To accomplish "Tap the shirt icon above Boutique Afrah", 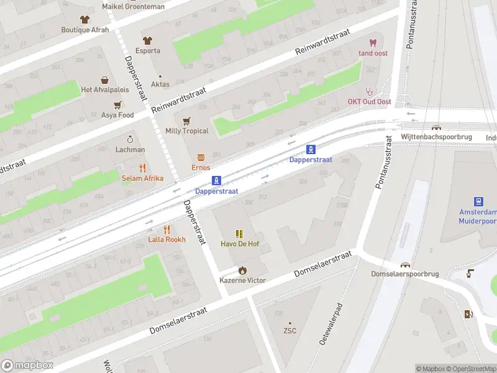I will [x=85, y=19].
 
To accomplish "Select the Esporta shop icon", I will [x=148, y=40].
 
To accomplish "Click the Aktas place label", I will [x=160, y=84].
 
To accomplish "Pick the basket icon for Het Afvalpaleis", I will [x=104, y=80].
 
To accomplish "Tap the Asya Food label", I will [x=117, y=115].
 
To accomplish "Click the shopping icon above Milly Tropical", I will [x=186, y=121].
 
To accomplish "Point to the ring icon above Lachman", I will [x=130, y=139].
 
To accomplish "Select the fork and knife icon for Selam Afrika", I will [x=142, y=168].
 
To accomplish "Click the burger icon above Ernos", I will [x=201, y=157].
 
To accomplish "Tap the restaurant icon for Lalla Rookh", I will [x=166, y=229].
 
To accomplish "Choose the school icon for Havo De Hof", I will [x=239, y=233].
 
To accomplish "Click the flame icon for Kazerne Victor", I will [x=242, y=270].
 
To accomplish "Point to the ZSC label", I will [x=290, y=331].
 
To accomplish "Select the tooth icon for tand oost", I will [x=373, y=43].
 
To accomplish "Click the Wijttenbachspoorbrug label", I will [x=436, y=137].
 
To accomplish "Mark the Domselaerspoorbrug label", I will [x=405, y=274].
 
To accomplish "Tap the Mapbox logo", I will [x=27, y=366].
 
